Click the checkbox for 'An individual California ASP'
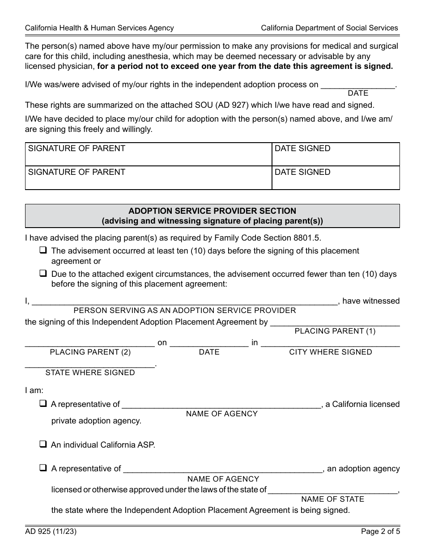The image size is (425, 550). [43, 444]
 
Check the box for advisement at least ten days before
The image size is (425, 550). [43, 250]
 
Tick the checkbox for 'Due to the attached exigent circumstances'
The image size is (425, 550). [43, 273]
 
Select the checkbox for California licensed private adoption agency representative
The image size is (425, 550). [43, 404]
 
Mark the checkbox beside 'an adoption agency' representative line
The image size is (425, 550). [43, 468]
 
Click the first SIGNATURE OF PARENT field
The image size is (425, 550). [149, 155]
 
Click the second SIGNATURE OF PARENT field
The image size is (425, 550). [149, 178]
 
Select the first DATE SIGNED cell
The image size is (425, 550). [336, 155]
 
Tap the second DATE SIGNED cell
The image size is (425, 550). [336, 178]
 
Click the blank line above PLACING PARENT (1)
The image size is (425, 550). [335, 322]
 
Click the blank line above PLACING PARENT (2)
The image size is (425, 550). [90, 343]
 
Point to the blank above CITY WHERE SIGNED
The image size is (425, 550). [330, 343]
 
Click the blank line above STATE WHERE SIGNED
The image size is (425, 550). [90, 363]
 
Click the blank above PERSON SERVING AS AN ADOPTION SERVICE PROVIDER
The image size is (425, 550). [184, 300]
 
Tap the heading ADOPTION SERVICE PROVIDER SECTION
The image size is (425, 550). [212, 211]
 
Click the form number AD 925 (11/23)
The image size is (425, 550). [47, 532]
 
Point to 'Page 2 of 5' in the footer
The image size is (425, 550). [380, 532]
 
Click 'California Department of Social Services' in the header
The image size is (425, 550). [329, 28]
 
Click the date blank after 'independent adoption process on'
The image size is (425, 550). [358, 84]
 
